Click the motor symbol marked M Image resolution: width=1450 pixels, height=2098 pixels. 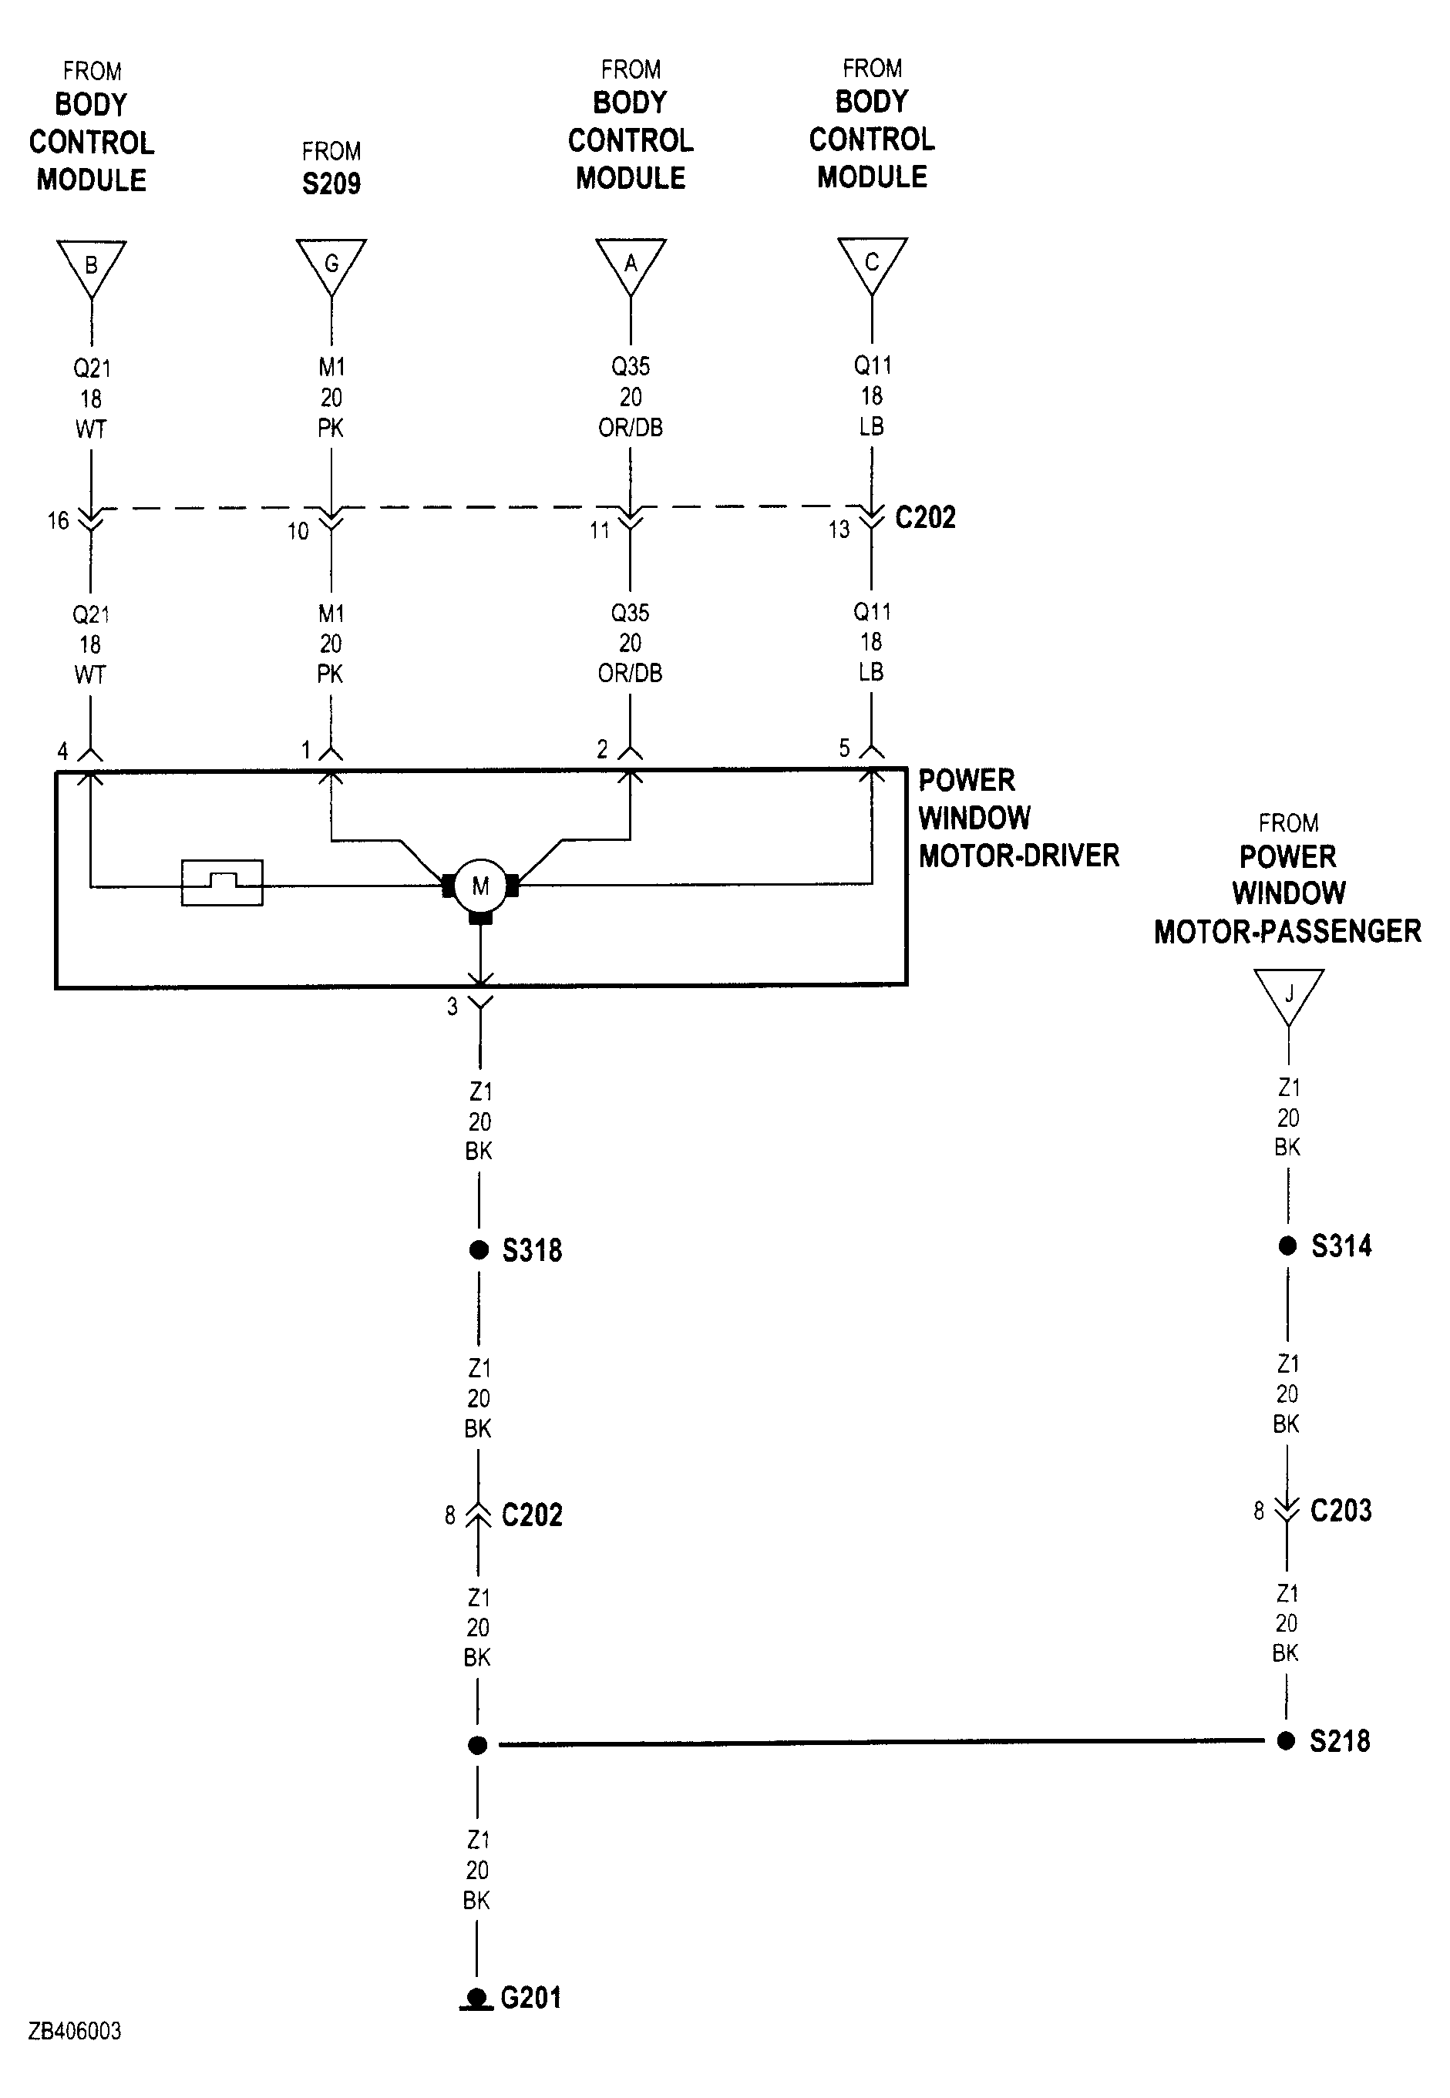(480, 886)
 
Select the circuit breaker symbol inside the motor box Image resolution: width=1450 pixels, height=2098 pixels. (223, 882)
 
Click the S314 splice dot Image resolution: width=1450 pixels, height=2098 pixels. (1287, 1246)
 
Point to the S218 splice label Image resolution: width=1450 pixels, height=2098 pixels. (1339, 1741)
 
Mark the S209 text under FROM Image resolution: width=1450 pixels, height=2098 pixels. (331, 183)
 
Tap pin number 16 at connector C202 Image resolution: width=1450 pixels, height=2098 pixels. (58, 520)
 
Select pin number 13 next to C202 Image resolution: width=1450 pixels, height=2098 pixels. (839, 530)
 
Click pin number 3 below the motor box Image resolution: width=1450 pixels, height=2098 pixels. (452, 1007)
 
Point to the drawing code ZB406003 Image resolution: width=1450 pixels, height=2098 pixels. (75, 2032)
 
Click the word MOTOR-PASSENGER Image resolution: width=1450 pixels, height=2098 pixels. (1287, 931)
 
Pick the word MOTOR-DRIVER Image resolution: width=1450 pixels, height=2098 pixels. (1018, 856)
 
